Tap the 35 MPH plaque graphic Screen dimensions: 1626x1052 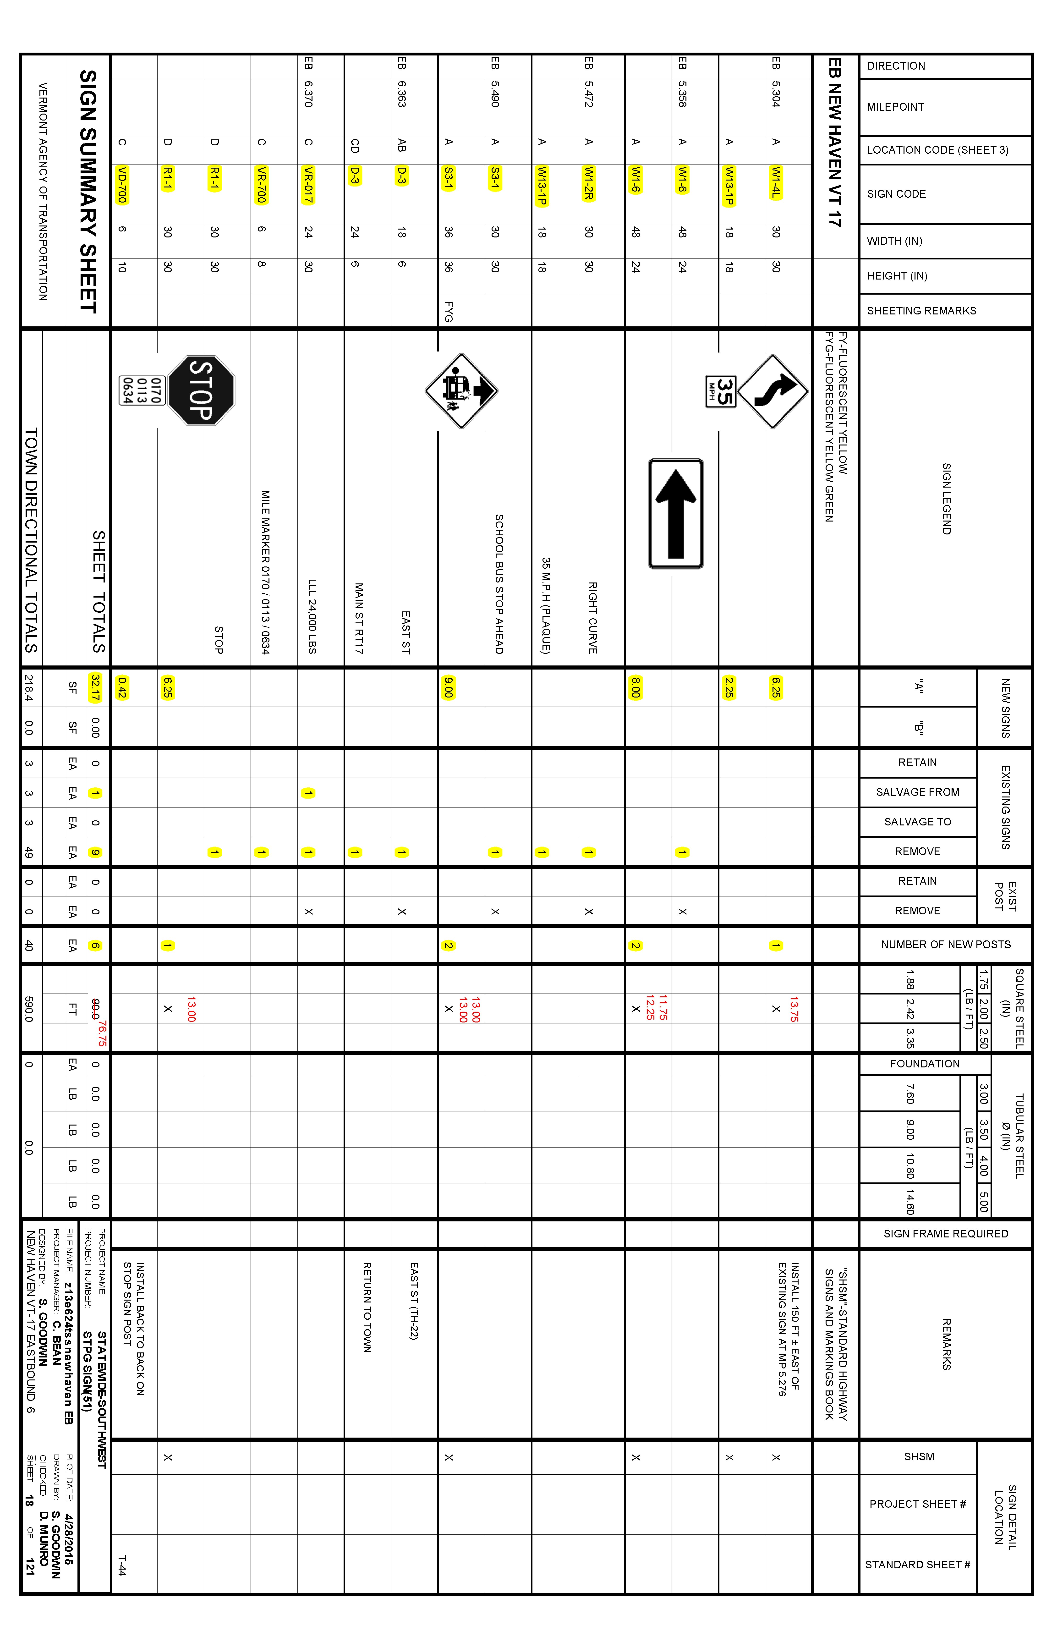[721, 391]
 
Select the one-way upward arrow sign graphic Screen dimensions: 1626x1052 [676, 514]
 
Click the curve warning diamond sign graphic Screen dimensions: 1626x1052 [773, 391]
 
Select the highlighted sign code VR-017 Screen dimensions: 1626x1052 [308, 184]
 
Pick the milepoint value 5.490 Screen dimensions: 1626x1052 [495, 94]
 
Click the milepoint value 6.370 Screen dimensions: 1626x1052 [308, 94]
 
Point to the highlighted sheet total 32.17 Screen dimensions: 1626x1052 [95, 687]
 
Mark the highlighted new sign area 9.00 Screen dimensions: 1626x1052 [448, 687]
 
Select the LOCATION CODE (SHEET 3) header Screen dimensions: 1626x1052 [937, 150]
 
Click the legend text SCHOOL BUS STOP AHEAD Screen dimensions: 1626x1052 [499, 584]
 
